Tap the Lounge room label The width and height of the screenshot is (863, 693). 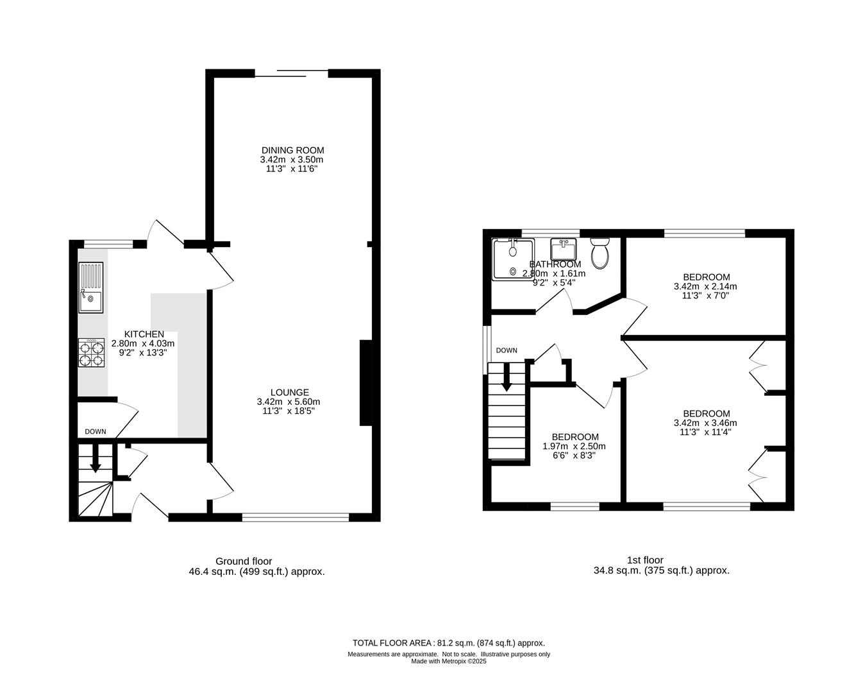point(289,393)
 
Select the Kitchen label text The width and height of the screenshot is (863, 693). point(144,334)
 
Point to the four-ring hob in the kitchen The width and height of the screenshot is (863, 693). point(91,354)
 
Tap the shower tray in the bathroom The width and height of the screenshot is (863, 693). point(512,259)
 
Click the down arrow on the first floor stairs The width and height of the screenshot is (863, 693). point(507,378)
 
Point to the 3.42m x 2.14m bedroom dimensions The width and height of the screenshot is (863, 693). point(705,287)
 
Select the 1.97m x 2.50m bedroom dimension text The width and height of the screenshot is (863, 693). point(574,447)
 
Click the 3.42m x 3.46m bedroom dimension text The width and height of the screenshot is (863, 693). point(705,423)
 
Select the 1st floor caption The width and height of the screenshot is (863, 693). point(645,560)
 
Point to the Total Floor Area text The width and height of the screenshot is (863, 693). point(448,643)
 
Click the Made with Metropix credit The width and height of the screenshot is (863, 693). point(448,662)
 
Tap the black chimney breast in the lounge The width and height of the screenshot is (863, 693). point(366,383)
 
